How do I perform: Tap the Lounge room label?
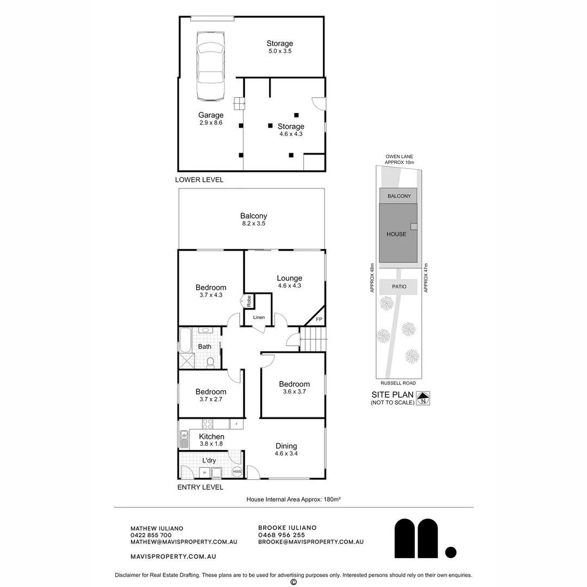[x=289, y=278]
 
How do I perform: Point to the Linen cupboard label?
[x=259, y=317]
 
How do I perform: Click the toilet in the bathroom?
[x=211, y=362]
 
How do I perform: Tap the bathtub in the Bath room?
[x=185, y=340]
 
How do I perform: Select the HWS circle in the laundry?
[x=237, y=472]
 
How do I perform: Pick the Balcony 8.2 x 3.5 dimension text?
[x=253, y=223]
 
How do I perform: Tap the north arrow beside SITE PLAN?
[x=423, y=398]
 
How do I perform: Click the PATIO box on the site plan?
[x=400, y=286]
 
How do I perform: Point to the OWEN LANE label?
[x=399, y=156]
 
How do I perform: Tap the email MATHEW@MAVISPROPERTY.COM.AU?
[x=184, y=542]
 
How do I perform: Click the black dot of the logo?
[x=451, y=552]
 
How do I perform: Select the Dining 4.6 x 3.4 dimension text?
[x=286, y=453]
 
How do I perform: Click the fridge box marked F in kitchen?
[x=237, y=423]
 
